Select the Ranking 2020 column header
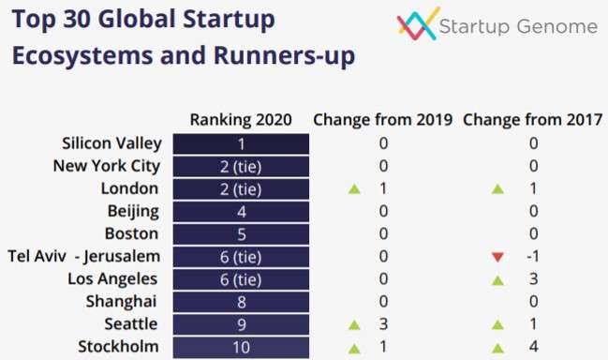(241, 120)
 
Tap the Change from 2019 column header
(382, 120)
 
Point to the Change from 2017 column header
(533, 120)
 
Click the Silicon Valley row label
(111, 143)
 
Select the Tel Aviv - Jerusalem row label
(84, 256)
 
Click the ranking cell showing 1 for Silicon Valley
(241, 144)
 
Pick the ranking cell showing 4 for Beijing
(241, 212)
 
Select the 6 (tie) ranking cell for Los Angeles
(241, 279)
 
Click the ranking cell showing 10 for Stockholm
(241, 347)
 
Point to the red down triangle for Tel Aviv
(497, 257)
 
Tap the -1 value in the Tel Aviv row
(532, 257)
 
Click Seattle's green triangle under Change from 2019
(353, 324)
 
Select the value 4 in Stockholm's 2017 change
(533, 347)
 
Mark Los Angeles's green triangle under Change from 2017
(497, 279)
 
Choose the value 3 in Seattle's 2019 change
(382, 324)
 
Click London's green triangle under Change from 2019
(353, 189)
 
